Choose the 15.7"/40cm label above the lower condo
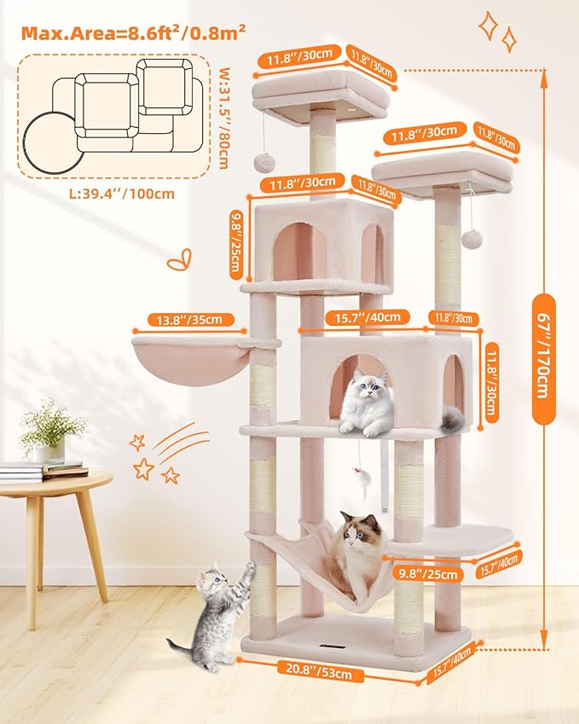[362, 318]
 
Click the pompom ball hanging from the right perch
[468, 240]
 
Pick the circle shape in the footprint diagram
[50, 142]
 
